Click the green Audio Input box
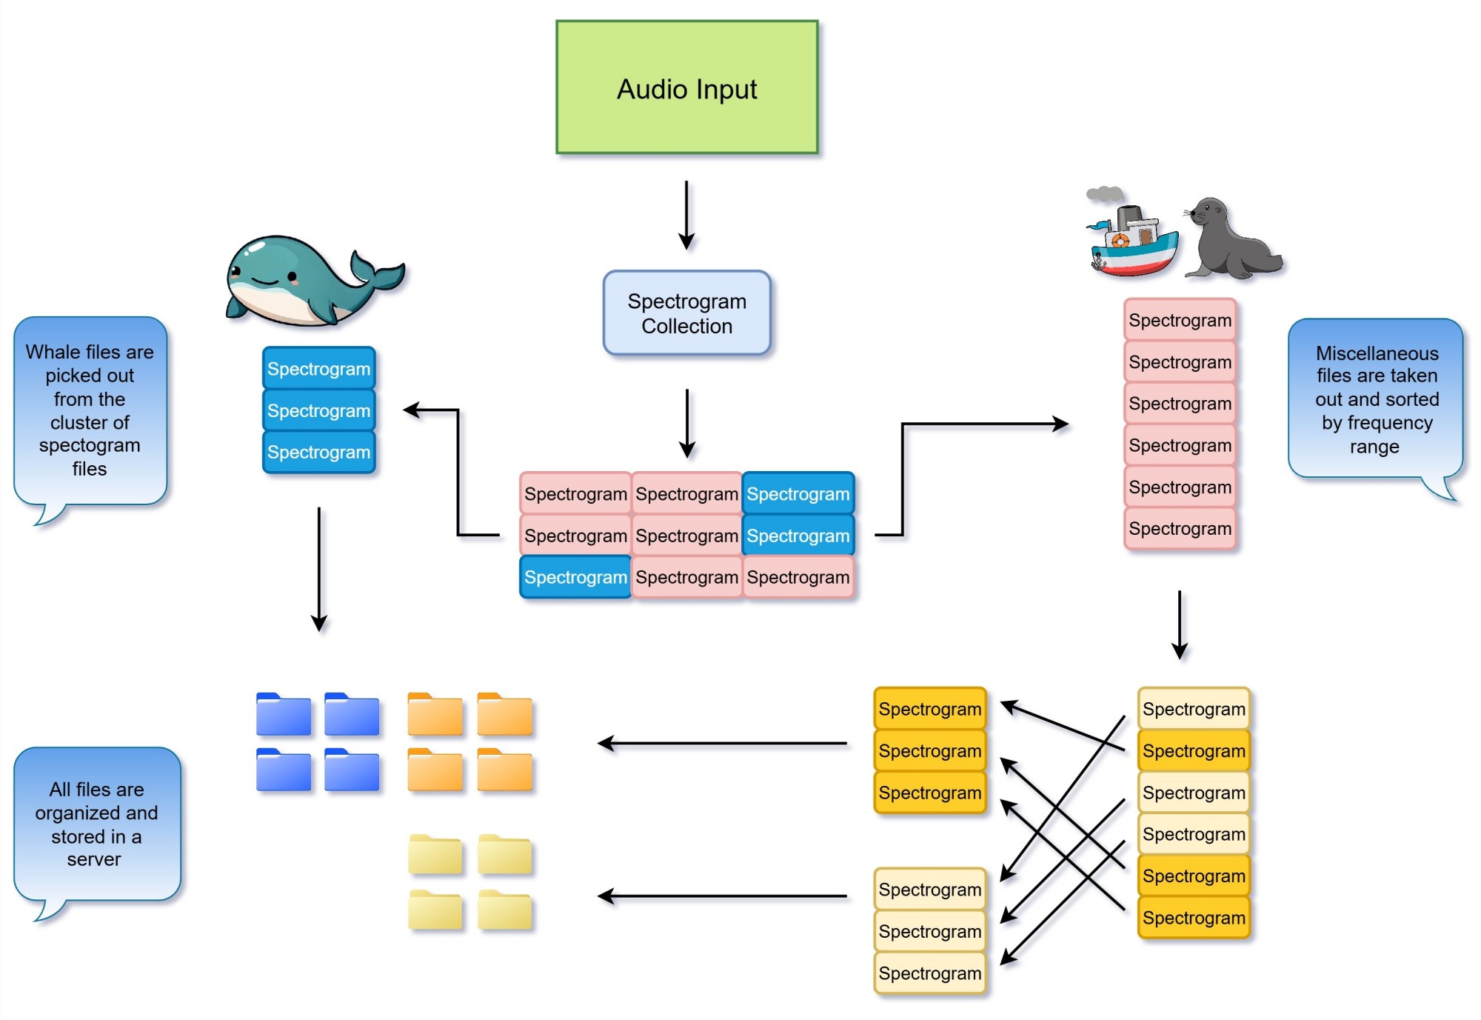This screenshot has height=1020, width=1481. pos(686,87)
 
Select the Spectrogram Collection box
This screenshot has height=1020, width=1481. pos(686,313)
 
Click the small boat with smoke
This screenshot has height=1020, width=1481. pos(1131,241)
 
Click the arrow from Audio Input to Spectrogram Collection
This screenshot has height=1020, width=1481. pos(686,215)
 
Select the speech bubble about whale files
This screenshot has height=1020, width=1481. pos(90,411)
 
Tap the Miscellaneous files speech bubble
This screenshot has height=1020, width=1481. pos(1376,400)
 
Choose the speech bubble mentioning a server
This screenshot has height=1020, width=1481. pos(96,824)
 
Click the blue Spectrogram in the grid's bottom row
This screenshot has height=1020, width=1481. pos(575,578)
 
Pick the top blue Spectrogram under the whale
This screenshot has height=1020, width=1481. pos(318,369)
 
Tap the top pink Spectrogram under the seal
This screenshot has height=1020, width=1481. pos(1180,321)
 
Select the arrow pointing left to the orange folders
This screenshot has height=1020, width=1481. pos(722,743)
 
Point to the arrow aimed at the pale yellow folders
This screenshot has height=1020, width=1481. pos(722,896)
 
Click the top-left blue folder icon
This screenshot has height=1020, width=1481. pos(284,715)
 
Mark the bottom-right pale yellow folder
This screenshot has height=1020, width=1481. pos(505,910)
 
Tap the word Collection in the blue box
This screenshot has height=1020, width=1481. pos(686,327)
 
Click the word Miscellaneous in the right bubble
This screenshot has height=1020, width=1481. pos(1377,353)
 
